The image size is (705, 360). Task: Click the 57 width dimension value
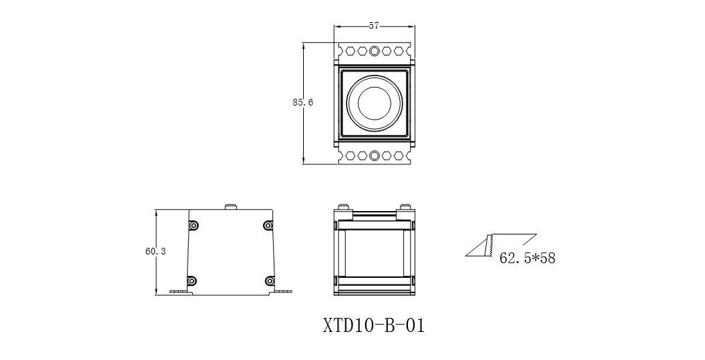point(374,26)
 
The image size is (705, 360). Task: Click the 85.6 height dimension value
point(302,103)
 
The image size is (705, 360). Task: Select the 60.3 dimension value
point(155,252)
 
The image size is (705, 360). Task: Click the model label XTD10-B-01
point(374,326)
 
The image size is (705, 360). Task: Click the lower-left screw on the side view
point(193,281)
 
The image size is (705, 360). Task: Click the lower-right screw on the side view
point(268,281)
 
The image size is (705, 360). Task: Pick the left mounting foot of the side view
point(179,291)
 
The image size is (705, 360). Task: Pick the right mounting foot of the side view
point(283,291)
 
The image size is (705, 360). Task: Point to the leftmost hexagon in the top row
point(350,50)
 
